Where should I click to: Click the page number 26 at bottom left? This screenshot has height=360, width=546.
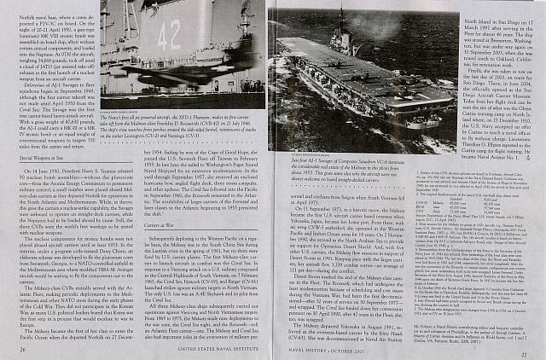22,348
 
